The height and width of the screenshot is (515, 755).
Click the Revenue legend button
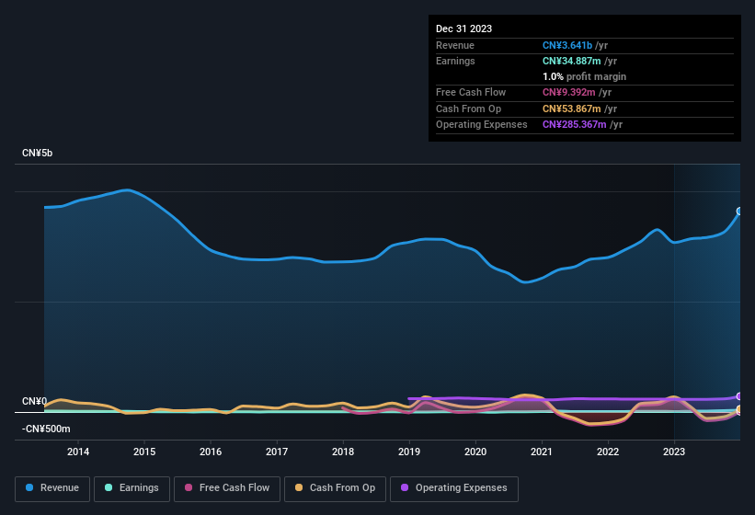pos(52,488)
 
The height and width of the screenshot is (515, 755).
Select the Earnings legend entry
pos(132,488)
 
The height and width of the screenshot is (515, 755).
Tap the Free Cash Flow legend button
pos(227,488)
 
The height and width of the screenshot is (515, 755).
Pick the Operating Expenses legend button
pos(454,488)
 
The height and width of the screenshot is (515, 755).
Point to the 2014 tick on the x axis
pos(78,452)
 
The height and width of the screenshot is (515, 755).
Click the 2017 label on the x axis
pos(277,452)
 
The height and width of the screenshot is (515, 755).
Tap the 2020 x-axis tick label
pos(475,452)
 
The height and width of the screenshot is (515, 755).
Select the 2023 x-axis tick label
pos(674,452)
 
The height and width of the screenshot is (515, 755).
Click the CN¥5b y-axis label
pos(38,153)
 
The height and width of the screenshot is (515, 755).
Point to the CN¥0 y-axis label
pos(34,402)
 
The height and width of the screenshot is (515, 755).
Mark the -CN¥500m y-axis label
pos(46,429)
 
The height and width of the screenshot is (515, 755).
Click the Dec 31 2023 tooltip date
pos(463,29)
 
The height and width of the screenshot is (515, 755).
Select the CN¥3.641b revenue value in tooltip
pos(572,45)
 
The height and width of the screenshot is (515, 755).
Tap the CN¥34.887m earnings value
pos(577,61)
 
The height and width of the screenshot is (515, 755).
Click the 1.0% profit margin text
pos(584,76)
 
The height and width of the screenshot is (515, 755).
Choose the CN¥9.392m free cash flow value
pos(570,92)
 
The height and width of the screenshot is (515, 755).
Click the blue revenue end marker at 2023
pos(738,212)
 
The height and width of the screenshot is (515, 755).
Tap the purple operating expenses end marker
pos(738,396)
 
